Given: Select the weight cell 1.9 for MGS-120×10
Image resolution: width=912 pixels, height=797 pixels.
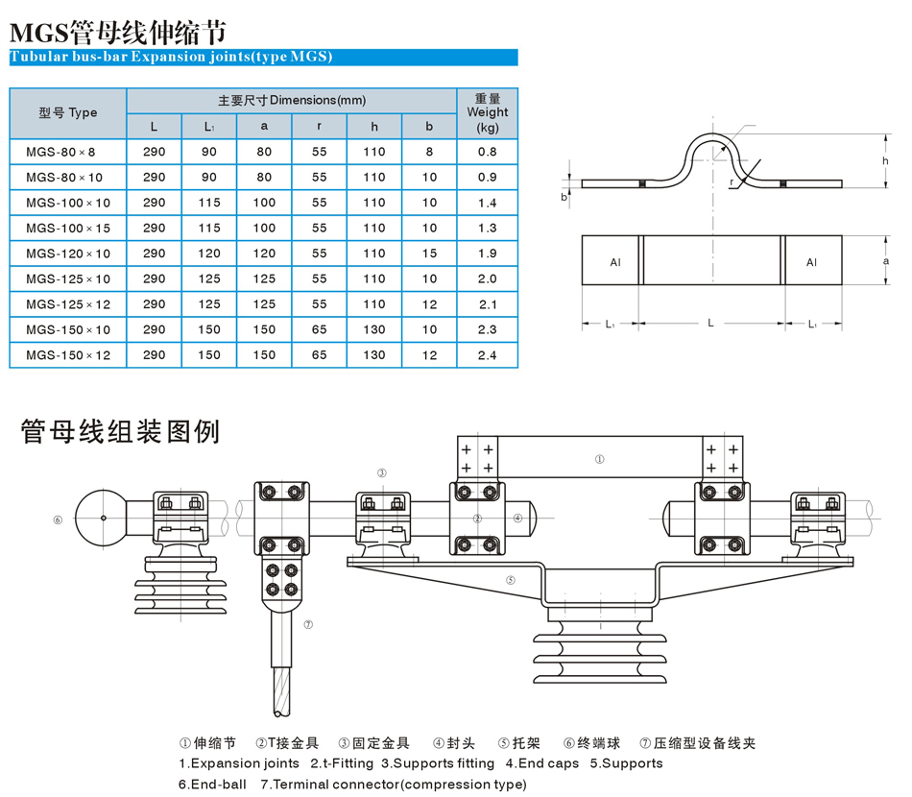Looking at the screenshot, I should [x=487, y=254].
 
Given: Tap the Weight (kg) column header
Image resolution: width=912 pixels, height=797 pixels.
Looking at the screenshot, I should [x=487, y=112].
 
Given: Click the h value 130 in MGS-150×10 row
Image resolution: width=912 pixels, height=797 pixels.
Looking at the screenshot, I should [x=374, y=330].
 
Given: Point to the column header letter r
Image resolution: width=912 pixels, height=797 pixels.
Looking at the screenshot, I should [x=320, y=127].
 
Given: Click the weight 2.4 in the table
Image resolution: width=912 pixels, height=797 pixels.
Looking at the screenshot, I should [x=487, y=355].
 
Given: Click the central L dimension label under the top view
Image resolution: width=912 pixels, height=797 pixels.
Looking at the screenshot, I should [x=710, y=324].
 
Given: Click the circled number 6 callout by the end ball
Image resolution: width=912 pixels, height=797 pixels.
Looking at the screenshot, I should [x=58, y=519].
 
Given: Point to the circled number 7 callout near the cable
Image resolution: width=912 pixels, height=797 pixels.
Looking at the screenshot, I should [x=307, y=624].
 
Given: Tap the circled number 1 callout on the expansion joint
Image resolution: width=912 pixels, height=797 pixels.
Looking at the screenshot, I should [x=600, y=460].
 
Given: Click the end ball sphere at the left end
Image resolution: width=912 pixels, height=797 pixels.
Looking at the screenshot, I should [x=102, y=519].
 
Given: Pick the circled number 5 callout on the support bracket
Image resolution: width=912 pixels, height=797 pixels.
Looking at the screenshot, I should [x=511, y=580].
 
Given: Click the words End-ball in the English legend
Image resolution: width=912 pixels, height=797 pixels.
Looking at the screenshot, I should [x=213, y=784].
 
